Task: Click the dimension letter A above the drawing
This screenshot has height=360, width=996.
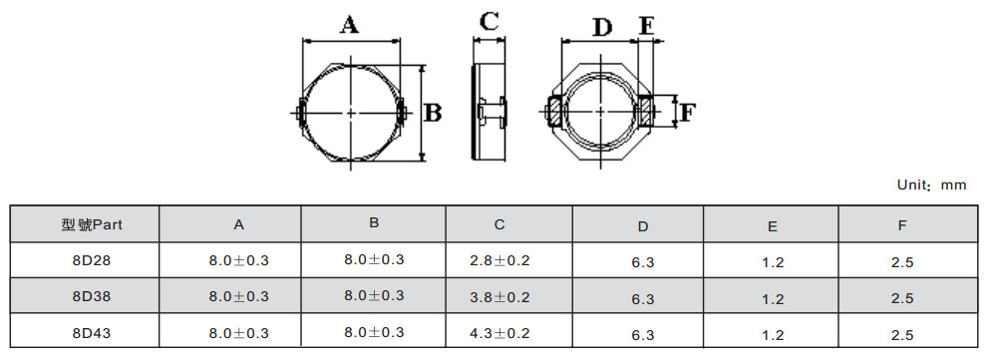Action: [x=349, y=25]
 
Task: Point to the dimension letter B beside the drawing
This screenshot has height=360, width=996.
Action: [x=433, y=113]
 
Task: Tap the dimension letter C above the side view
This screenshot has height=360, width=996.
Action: [x=490, y=22]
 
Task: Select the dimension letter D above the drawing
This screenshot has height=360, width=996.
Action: [x=601, y=27]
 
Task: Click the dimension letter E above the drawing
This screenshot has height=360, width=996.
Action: [x=647, y=26]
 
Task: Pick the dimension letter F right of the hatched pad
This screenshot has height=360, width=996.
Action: [x=688, y=113]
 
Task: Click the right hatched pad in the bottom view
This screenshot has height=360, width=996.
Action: [x=645, y=111]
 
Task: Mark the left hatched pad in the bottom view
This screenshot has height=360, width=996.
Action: [x=554, y=111]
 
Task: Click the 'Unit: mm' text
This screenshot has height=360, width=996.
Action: [x=931, y=184]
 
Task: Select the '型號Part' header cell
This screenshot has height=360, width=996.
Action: [x=92, y=224]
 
